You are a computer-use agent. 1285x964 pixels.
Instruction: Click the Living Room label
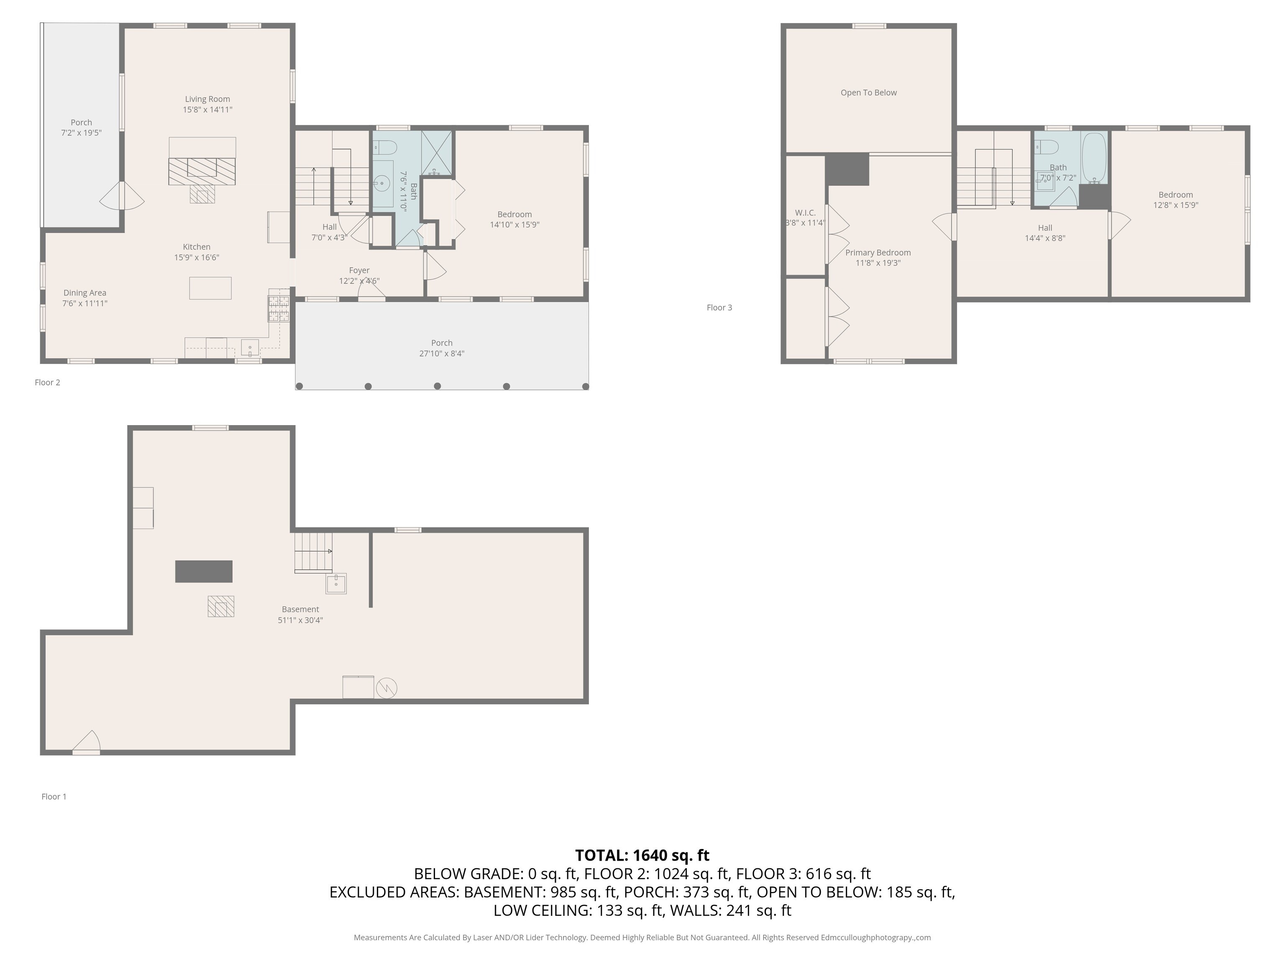(x=207, y=99)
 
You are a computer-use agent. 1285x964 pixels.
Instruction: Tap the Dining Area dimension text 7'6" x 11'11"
(x=85, y=303)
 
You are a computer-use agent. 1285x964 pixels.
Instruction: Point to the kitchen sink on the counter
(x=250, y=347)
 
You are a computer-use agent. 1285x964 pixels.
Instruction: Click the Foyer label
(x=359, y=270)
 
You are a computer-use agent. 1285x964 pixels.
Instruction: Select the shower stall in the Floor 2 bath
(x=436, y=153)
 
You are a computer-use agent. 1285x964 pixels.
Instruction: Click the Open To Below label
(x=868, y=93)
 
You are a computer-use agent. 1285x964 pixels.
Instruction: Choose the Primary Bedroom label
(x=878, y=253)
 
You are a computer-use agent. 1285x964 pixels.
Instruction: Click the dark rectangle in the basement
(x=204, y=571)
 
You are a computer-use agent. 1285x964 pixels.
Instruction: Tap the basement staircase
(x=313, y=552)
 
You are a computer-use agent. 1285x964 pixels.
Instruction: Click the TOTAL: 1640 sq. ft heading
(x=642, y=855)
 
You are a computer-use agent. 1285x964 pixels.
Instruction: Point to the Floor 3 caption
(x=719, y=308)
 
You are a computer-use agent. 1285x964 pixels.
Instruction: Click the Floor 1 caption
(x=54, y=797)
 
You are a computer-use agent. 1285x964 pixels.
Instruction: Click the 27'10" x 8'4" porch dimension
(x=441, y=353)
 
